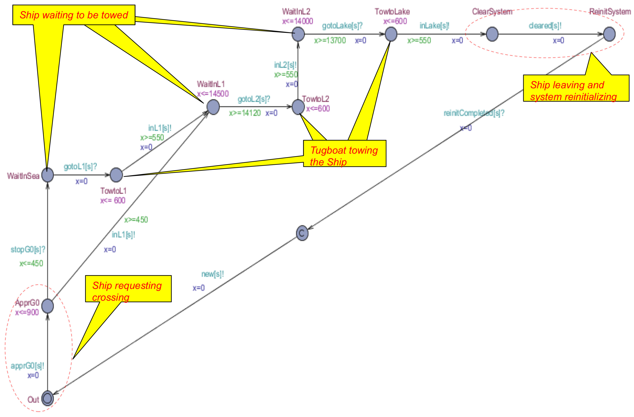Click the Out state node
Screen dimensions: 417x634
[x=47, y=398]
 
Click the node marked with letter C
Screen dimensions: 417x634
[x=302, y=233]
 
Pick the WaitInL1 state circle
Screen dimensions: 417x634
[x=213, y=107]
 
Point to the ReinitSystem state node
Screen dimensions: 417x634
[x=609, y=34]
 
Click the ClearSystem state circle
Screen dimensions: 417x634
[x=492, y=34]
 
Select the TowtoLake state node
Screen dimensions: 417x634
[x=391, y=34]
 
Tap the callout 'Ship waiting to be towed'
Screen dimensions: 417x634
[x=74, y=15]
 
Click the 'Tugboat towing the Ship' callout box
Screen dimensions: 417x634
[x=344, y=153]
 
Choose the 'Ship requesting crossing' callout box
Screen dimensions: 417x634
[x=128, y=289]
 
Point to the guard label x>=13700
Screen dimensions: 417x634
[x=330, y=40]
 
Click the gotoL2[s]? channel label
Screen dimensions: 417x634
[x=254, y=99]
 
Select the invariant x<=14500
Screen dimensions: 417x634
[x=213, y=94]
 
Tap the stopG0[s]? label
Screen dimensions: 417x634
[x=28, y=250]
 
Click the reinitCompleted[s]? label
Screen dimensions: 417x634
[x=474, y=113]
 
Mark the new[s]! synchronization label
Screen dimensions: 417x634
[x=212, y=274]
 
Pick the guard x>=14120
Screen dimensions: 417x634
[x=245, y=113]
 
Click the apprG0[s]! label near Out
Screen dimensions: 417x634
[x=27, y=366]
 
